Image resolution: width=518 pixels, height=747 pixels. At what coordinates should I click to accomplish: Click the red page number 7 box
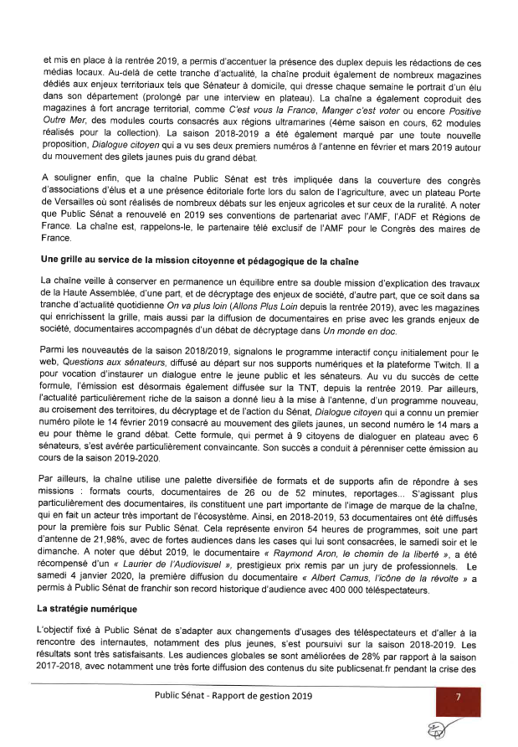pyautogui.click(x=458, y=697)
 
